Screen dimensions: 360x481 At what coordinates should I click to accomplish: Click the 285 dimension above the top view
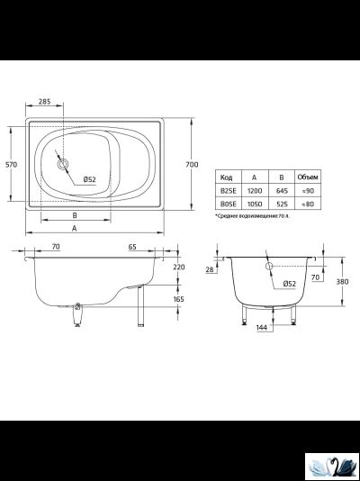point(45,101)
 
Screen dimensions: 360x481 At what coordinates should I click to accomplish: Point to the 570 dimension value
point(12,165)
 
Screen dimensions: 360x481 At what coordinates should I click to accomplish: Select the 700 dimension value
point(192,165)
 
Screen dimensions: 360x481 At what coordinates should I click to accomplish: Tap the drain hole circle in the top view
point(63,165)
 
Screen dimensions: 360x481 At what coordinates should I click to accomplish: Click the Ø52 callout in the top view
point(89,179)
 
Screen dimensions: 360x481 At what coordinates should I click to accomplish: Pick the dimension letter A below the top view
point(74,228)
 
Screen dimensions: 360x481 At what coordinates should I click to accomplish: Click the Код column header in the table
point(227,177)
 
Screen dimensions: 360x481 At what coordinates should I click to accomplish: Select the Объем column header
point(308,177)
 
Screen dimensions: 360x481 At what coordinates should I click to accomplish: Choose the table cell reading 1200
point(255,191)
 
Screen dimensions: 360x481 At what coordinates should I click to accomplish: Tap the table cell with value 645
point(282,191)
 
